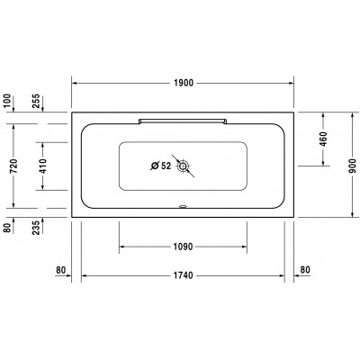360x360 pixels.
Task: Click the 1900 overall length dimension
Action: [x=184, y=83]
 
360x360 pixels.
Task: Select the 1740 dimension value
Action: [x=183, y=275]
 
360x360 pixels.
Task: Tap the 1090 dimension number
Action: [x=183, y=247]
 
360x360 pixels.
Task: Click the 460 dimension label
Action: [x=323, y=139]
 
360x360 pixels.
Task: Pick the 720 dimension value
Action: [x=13, y=166]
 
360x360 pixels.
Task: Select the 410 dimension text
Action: [x=43, y=166]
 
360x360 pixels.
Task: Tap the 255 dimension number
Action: [x=36, y=102]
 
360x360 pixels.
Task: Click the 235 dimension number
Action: [x=36, y=227]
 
